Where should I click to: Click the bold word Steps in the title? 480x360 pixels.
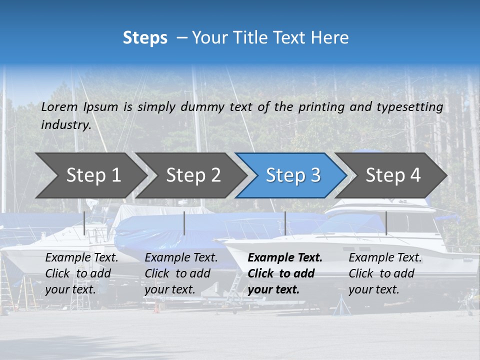tap(145, 38)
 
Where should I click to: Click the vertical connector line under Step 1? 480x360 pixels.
tap(84, 223)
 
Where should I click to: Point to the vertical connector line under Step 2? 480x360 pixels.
tap(184, 223)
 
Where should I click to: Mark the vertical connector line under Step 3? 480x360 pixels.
tap(285, 223)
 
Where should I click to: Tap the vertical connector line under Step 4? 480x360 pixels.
tap(386, 223)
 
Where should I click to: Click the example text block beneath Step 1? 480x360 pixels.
tap(81, 273)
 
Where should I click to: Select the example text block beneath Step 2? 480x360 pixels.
tap(181, 273)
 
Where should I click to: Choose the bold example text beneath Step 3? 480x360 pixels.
tap(285, 273)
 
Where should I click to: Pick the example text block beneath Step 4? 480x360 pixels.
tap(385, 273)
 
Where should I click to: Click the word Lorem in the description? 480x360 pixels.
tap(59, 107)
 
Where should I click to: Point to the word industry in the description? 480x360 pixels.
tap(66, 125)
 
